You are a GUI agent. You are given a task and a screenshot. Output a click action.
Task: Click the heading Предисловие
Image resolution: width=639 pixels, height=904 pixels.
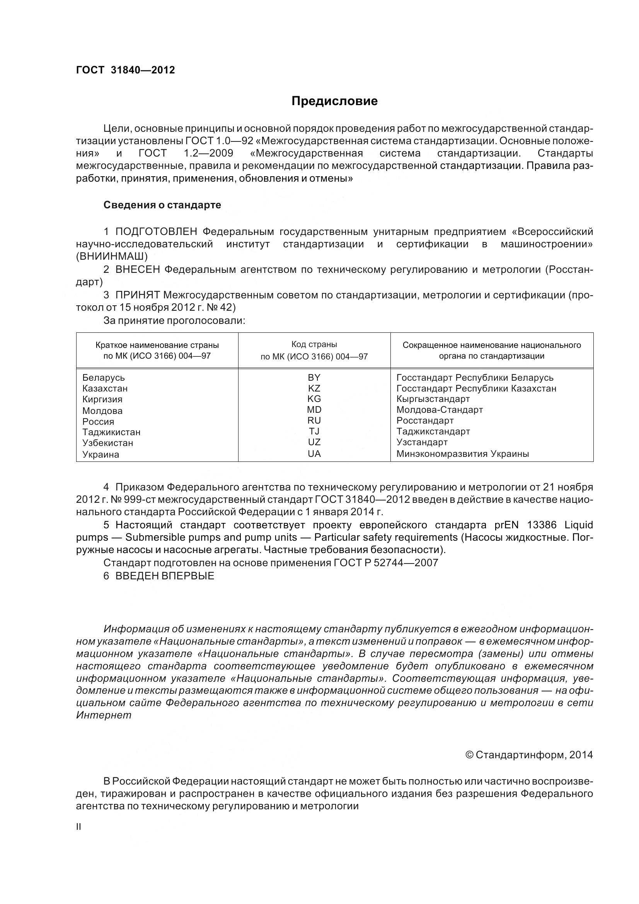coord(334,101)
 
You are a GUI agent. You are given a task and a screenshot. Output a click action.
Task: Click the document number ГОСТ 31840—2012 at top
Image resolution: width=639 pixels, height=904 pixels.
coord(125,70)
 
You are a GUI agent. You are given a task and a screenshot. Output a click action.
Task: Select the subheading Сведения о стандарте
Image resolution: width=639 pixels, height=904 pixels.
coord(162,205)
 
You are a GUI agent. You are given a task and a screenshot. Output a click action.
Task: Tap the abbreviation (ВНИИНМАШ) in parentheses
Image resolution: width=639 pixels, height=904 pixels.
coord(112,256)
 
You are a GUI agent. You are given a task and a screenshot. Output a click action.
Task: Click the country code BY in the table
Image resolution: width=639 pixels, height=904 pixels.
coord(314,377)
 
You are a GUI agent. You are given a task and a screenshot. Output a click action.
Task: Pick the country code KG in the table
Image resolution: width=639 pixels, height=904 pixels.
coord(314,398)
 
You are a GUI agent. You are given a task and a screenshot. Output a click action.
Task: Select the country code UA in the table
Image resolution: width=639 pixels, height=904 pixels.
coord(314,454)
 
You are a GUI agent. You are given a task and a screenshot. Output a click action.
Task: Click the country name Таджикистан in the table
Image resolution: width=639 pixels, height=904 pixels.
coord(111,432)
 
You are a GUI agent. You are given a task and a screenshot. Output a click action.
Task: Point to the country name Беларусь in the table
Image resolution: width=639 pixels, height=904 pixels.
coord(104,378)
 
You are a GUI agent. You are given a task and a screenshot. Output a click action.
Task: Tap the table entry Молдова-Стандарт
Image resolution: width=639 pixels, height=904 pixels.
coord(440,409)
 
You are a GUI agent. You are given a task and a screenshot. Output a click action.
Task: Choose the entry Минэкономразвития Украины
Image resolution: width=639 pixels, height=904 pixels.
coord(462,454)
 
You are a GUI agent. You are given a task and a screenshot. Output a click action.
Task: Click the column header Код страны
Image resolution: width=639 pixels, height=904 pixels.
coord(314,344)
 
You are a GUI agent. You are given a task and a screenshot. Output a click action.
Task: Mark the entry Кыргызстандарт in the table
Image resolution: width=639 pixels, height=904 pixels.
coord(433,399)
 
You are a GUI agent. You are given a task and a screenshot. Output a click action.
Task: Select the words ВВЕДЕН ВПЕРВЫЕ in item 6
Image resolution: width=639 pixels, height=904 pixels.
coord(165,575)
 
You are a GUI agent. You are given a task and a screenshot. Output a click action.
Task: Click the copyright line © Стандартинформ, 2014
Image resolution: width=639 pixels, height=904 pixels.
coord(529,755)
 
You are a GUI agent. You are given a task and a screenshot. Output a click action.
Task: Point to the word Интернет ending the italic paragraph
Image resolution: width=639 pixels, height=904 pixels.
coord(104,715)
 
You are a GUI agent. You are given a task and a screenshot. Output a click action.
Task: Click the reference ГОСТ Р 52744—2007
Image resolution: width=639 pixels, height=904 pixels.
coord(385,563)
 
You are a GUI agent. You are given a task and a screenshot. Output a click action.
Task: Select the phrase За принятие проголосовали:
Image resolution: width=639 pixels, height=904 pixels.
coord(174,320)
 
